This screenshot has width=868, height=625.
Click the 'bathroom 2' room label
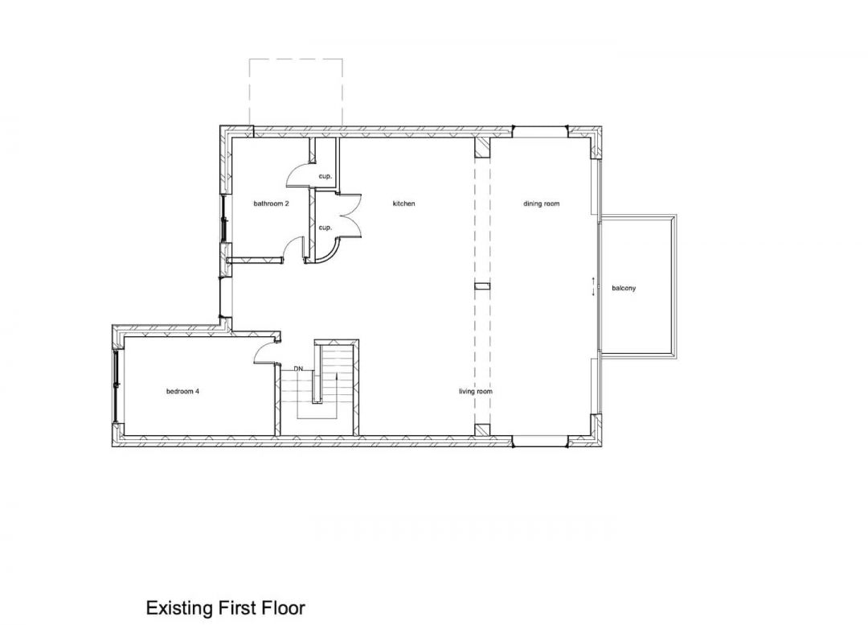272,204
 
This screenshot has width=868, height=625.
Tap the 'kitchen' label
403,204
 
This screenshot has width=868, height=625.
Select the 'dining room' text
542,204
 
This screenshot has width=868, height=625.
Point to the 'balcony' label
624,288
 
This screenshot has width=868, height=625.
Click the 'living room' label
476,391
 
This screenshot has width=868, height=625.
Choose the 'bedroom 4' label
182,391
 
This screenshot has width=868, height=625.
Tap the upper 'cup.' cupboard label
325,176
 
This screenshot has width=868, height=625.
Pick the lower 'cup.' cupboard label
325,228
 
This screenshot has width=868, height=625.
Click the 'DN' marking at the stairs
298,368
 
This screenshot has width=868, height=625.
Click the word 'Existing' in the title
178,608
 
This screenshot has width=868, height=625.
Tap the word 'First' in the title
232,608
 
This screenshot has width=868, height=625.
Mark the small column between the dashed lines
482,286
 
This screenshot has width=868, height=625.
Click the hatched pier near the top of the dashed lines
482,148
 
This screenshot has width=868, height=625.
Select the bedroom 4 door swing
264,352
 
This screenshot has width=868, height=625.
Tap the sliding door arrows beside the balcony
593,286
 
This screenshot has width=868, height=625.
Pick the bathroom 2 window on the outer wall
224,218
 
